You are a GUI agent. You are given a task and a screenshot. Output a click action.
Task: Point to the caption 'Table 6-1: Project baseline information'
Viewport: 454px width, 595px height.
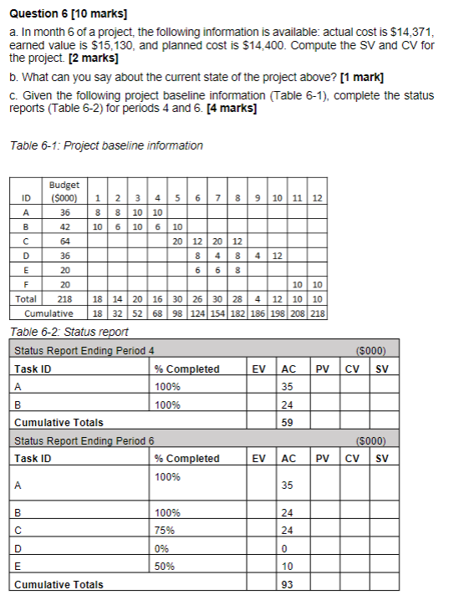click(106, 145)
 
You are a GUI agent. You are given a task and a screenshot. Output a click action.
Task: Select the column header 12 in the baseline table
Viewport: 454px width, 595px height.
click(318, 198)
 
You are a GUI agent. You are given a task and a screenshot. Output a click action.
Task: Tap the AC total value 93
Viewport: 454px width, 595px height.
click(288, 585)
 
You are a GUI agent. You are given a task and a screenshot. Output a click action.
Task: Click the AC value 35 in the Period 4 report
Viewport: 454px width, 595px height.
click(288, 386)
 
